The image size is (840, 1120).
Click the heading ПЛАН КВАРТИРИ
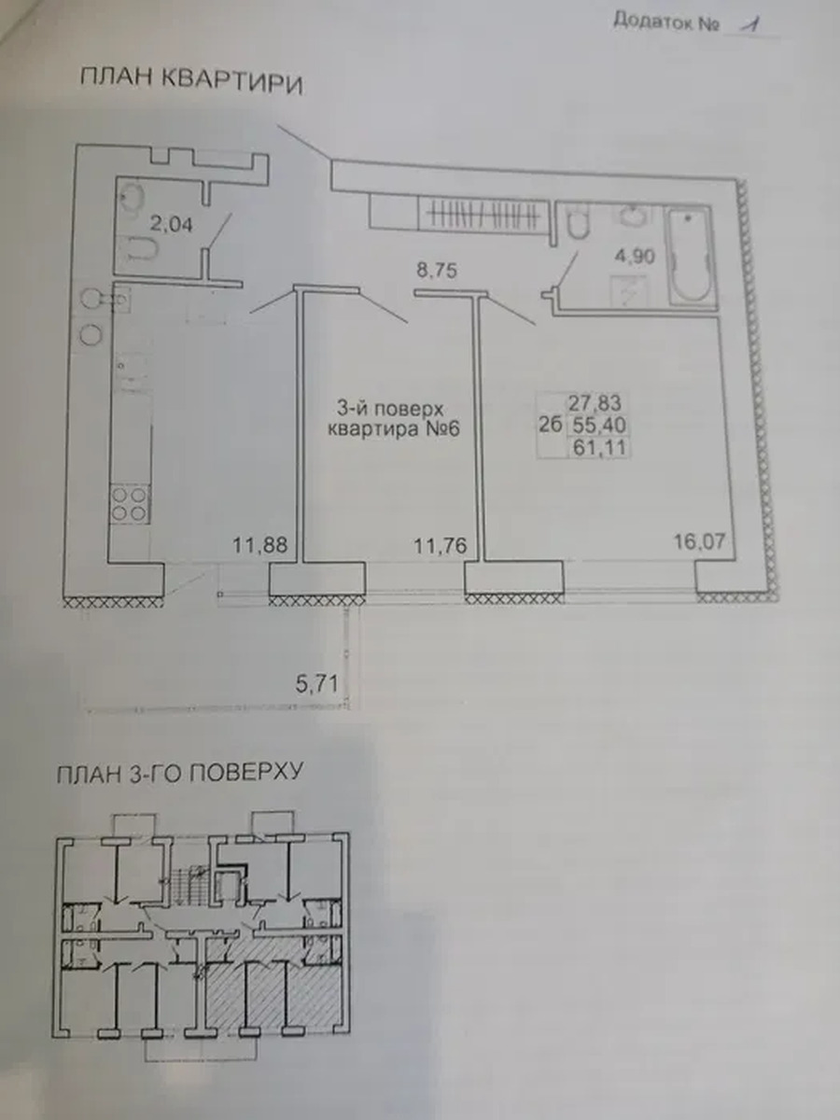click(191, 82)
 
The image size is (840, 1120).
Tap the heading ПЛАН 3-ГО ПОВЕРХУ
click(179, 773)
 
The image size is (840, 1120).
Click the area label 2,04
click(172, 224)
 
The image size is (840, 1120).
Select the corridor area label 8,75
click(437, 271)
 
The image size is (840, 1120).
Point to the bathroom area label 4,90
click(635, 256)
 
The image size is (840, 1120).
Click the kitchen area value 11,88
click(260, 545)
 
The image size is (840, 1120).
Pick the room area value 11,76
click(441, 546)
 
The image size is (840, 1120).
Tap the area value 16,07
click(700, 541)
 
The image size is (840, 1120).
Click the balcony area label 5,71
click(316, 684)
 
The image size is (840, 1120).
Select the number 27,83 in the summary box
click(595, 403)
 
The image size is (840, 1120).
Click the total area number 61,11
click(599, 448)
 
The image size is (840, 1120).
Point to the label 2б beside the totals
click(551, 425)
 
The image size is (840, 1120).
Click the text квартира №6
click(393, 428)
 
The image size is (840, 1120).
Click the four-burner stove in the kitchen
click(130, 504)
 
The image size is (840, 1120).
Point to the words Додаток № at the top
click(665, 21)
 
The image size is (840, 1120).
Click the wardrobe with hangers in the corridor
click(483, 215)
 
